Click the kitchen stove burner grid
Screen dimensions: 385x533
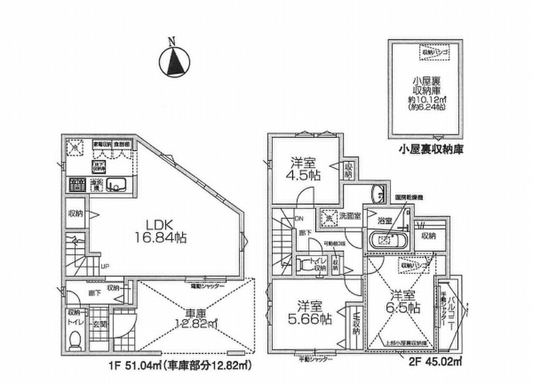click(77, 185)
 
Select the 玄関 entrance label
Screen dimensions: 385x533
click(99, 323)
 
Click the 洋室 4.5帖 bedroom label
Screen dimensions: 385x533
click(306, 168)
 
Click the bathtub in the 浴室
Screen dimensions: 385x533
click(387, 239)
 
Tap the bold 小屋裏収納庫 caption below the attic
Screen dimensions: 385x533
click(431, 150)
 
